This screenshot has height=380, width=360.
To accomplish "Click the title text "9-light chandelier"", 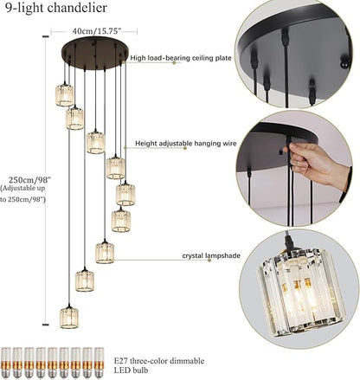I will (55, 10).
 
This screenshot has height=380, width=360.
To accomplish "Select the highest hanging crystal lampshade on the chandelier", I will (65, 94).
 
